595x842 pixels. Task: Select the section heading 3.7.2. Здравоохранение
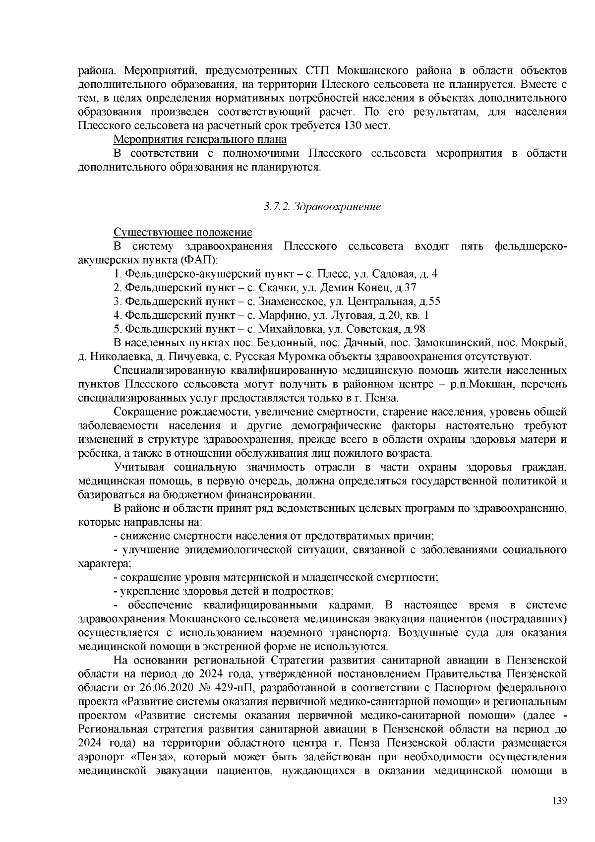click(322, 206)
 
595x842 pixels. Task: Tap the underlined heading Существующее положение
click(183, 233)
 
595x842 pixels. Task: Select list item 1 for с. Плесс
click(276, 274)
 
